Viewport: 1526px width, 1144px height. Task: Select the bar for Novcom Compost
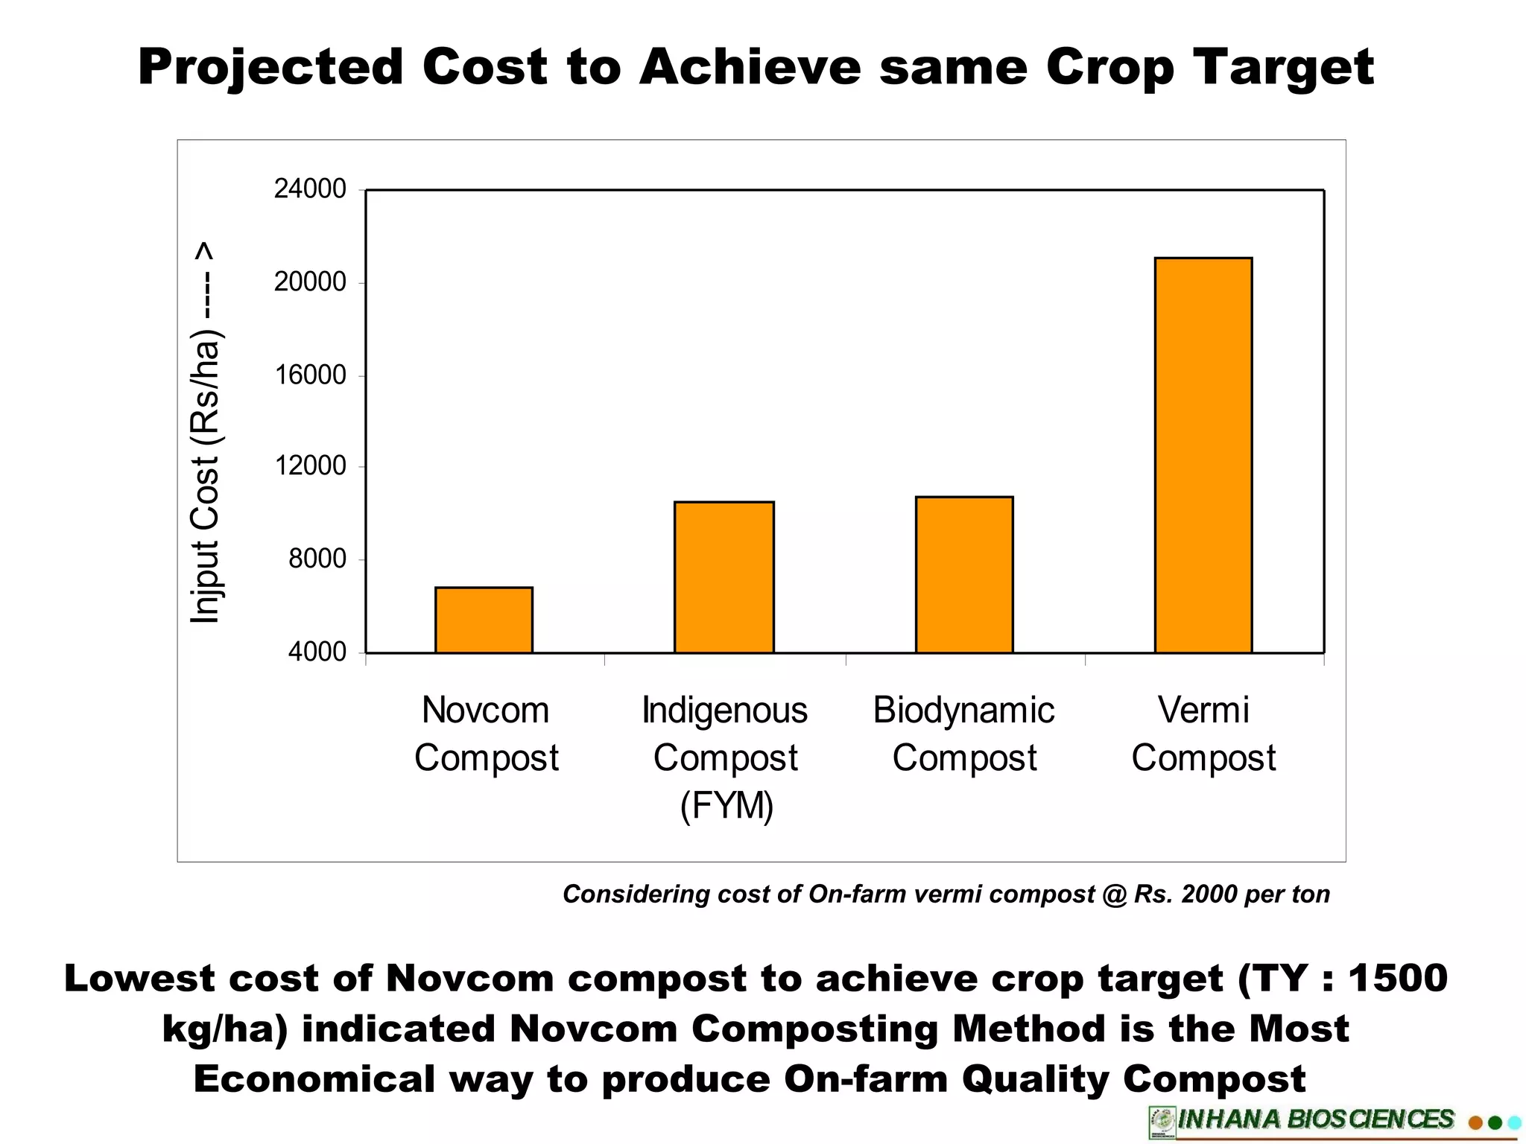click(x=484, y=620)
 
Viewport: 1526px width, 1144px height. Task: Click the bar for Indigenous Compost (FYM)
click(x=724, y=577)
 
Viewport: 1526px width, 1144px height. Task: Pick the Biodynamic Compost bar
click(x=964, y=574)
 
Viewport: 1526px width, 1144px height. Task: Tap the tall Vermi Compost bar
click(x=1203, y=455)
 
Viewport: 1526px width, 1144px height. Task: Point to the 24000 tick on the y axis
click(x=310, y=189)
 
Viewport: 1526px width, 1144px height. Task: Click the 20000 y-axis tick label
click(x=310, y=282)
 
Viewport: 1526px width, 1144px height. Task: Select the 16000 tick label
click(x=310, y=375)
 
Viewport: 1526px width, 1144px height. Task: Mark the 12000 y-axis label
click(x=310, y=466)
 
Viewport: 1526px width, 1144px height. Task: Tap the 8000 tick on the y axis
click(x=317, y=559)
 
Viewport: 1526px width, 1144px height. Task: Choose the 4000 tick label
click(x=317, y=652)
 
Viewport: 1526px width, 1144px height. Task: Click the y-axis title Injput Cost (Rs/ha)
click(x=205, y=432)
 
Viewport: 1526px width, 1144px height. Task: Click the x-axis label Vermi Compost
click(x=1203, y=734)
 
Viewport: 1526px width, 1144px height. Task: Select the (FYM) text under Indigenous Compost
click(x=726, y=805)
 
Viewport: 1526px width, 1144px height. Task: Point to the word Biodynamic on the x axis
click(x=963, y=710)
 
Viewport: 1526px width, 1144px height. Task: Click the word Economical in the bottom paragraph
click(x=314, y=1078)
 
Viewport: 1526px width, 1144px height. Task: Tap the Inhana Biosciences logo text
click(x=1315, y=1119)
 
